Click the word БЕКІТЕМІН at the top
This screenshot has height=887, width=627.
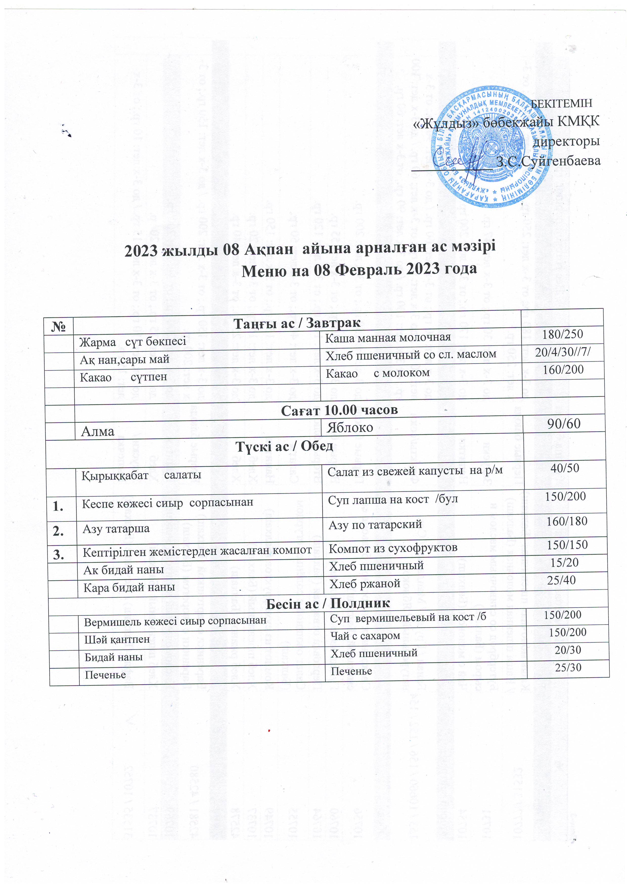[562, 103]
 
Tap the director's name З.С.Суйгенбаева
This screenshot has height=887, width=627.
[548, 161]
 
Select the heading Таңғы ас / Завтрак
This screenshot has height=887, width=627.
[297, 323]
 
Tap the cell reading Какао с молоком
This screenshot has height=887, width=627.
[377, 373]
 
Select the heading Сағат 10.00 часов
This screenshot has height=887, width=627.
[339, 410]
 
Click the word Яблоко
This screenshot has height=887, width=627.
[350, 427]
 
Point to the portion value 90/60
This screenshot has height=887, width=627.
[564, 424]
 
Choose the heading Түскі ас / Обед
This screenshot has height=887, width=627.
[284, 446]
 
